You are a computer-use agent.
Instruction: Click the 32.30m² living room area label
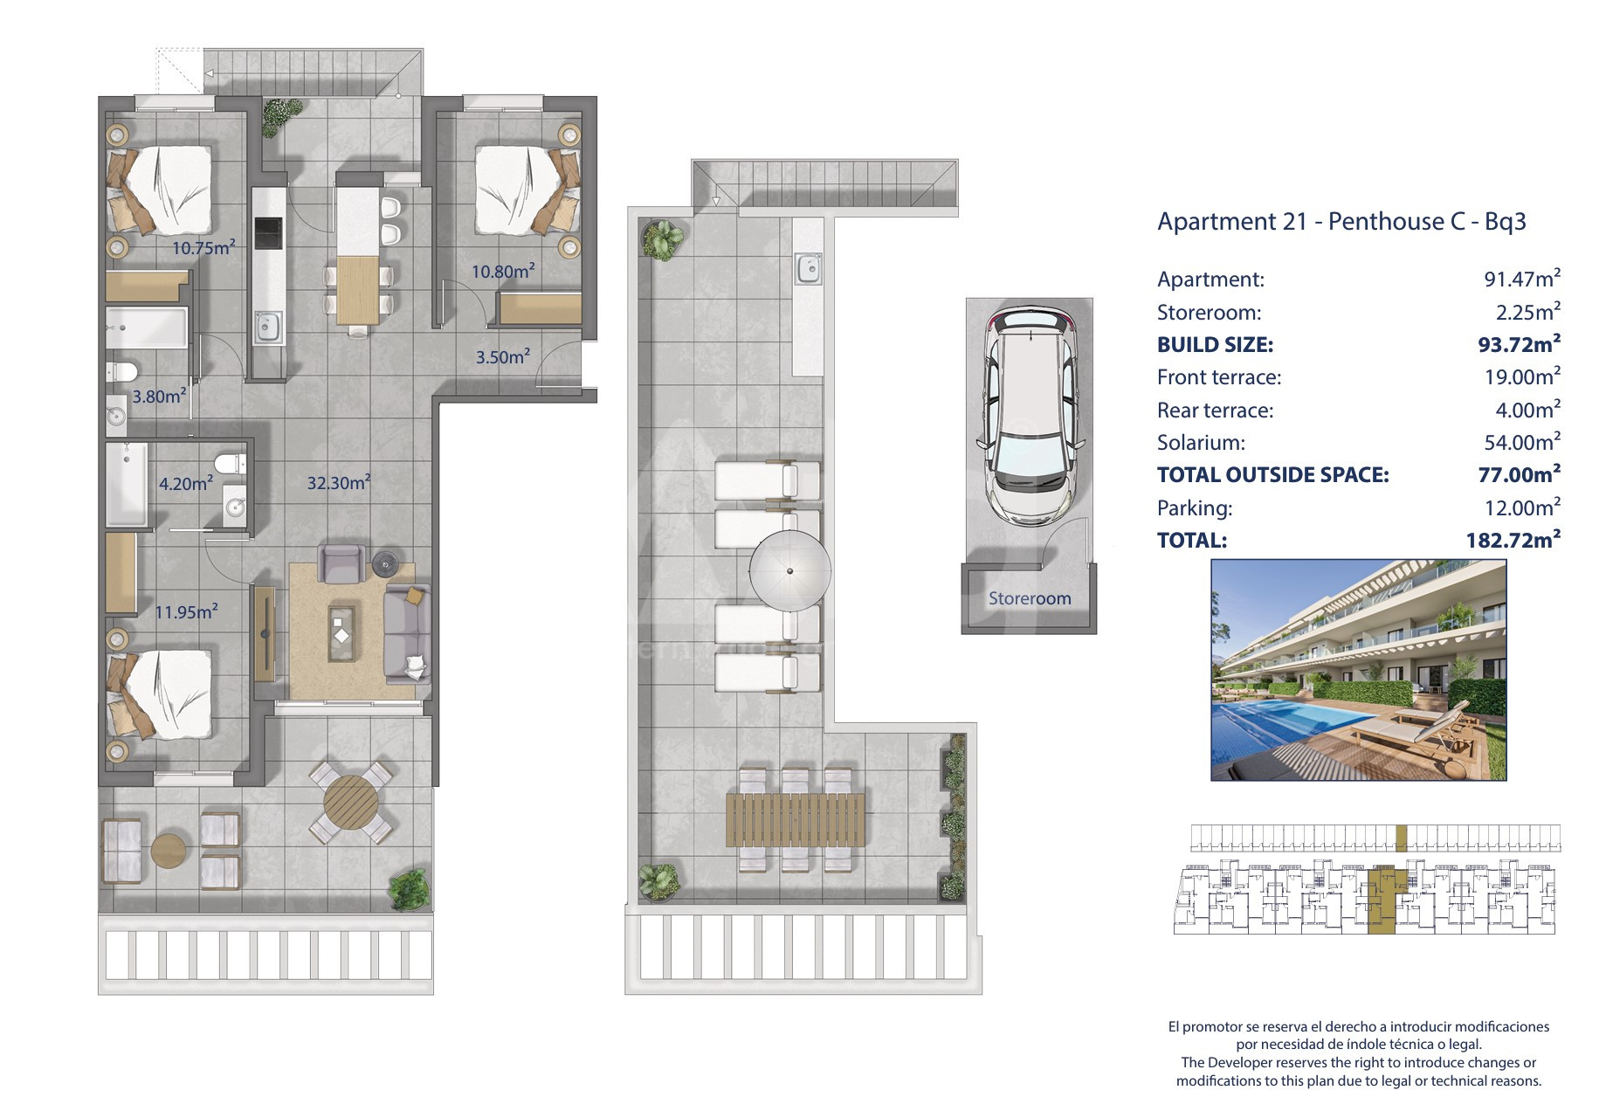[339, 482]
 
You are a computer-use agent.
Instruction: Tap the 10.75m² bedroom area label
[203, 247]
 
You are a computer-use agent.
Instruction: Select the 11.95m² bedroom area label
[187, 611]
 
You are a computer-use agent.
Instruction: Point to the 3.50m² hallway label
[503, 356]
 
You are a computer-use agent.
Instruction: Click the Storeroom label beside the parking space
[1030, 598]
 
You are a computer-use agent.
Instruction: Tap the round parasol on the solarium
[790, 571]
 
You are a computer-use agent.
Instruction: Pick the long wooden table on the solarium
[796, 819]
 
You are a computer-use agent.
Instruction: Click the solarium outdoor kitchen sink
[809, 268]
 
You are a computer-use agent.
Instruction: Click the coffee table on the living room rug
[342, 624]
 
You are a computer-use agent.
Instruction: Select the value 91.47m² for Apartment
[1522, 279]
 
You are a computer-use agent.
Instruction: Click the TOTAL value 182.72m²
[1513, 540]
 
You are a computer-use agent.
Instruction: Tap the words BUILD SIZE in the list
[1215, 344]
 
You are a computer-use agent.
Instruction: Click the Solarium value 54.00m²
[1522, 442]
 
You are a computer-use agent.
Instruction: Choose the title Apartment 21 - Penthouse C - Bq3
[1341, 221]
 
